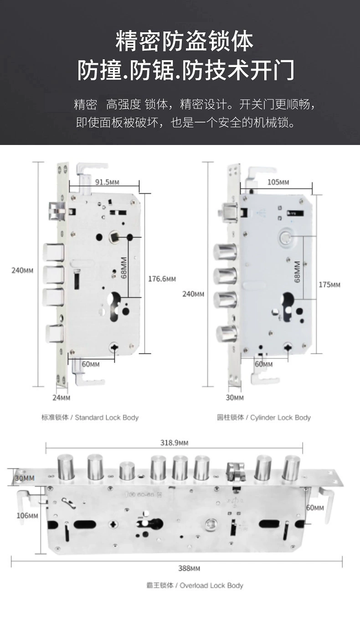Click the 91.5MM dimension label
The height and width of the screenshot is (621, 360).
[x=107, y=182]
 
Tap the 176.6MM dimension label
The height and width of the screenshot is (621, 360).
[x=162, y=279]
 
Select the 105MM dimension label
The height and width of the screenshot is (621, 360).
[x=278, y=182]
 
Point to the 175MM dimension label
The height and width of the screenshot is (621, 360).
[x=329, y=285]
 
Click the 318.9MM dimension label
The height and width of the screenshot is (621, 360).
[x=174, y=443]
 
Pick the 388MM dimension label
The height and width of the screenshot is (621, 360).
[x=189, y=568]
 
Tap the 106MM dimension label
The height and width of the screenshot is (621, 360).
[x=27, y=516]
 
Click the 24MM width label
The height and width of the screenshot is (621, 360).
[x=61, y=398]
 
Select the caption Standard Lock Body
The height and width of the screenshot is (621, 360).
[x=90, y=417]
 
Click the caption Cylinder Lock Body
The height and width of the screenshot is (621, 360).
[x=264, y=417]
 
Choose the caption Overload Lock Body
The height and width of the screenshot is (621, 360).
[x=195, y=585]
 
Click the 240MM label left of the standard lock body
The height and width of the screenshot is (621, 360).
[x=22, y=270]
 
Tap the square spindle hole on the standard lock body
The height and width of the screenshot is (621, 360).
[x=114, y=238]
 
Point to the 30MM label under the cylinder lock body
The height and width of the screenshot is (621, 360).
[x=235, y=398]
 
